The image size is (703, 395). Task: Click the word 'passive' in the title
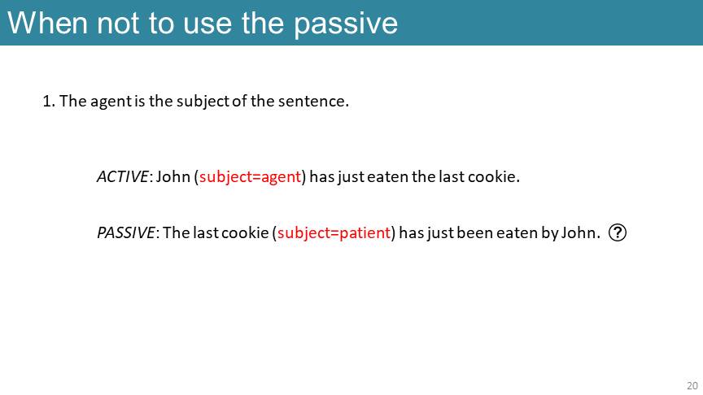[346, 24]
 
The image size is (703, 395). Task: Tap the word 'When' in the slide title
[47, 23]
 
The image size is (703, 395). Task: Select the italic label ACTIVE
[122, 176]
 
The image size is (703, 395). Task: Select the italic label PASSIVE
[126, 233]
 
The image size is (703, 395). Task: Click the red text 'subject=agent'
[250, 177]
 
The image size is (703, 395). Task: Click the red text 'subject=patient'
[334, 233]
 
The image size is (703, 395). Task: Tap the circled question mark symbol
[618, 232]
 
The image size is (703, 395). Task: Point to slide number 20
[692, 385]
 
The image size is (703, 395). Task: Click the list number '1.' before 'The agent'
[49, 102]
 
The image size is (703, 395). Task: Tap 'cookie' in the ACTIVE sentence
[493, 176]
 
